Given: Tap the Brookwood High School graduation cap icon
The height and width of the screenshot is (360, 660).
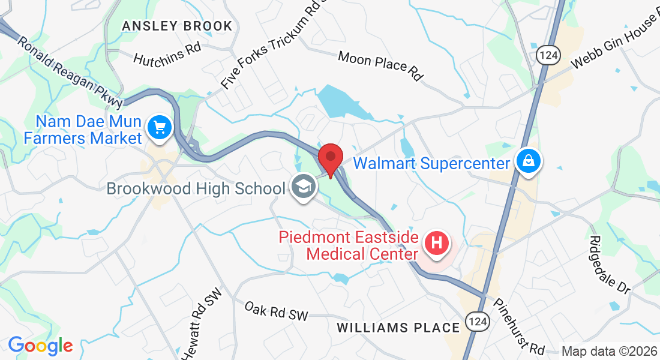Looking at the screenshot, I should coord(304,188).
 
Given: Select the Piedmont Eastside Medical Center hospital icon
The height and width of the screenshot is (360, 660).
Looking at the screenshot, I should coord(437,244).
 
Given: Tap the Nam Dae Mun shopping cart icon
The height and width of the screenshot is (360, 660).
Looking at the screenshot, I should coord(160,127).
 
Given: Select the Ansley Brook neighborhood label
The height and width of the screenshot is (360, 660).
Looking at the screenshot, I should coord(176,26).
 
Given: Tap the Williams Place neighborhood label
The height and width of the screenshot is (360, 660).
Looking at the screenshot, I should coord(398,328).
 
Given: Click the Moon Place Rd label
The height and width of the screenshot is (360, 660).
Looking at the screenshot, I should coord(380,65).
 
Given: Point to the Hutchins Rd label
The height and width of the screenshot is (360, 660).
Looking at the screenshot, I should coord(167,54).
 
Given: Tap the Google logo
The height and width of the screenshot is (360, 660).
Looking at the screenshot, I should coord(40,346).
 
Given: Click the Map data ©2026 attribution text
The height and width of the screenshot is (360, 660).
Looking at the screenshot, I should coord(608,351).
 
